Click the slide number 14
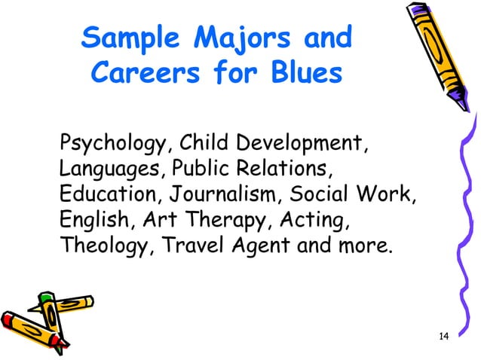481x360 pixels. tap(443, 335)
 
